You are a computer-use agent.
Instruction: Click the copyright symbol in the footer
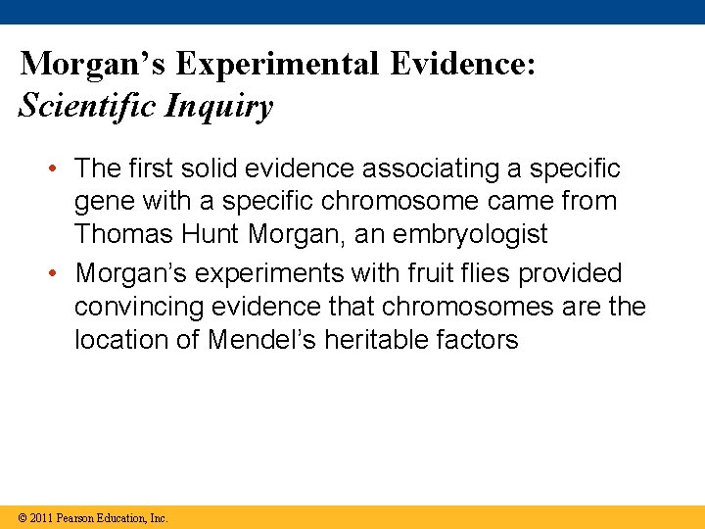click(23, 517)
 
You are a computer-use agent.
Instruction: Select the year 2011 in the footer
click(41, 517)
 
